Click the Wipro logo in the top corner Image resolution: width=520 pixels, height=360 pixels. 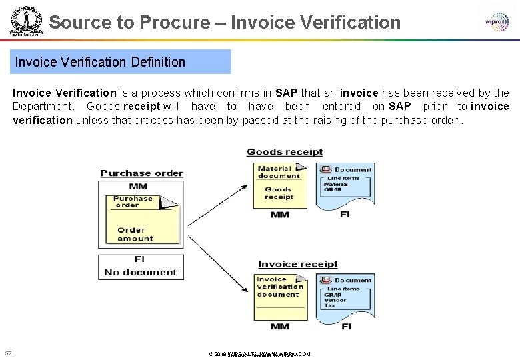coord(497,21)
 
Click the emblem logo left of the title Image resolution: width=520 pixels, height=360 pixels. coord(26,23)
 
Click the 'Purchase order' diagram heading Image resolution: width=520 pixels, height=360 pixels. coord(141,173)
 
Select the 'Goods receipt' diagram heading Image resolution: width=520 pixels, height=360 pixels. coord(285,152)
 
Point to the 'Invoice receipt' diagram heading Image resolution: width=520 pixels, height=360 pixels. coord(297,265)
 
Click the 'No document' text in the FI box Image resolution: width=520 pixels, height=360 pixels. coord(140,272)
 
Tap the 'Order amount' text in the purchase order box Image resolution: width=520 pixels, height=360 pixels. coord(135,234)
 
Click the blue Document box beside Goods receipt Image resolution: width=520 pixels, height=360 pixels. coord(345,180)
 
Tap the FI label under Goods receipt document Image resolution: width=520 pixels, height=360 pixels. coord(345,215)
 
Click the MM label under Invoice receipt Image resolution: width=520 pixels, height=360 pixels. coord(280,327)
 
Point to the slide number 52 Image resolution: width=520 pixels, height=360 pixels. coord(8,353)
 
